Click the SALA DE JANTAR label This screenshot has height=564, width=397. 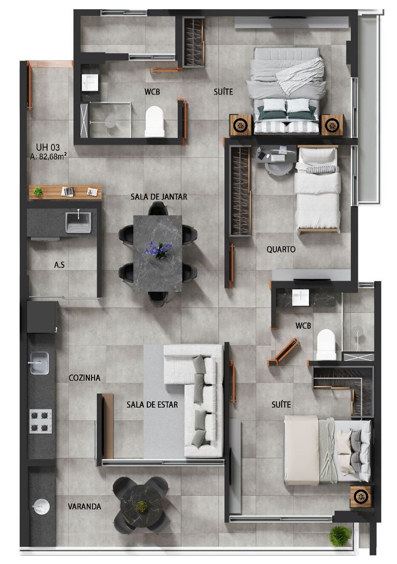pyautogui.click(x=159, y=197)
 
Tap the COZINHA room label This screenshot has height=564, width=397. pyautogui.click(x=84, y=378)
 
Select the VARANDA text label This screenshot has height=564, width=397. pyautogui.click(x=84, y=507)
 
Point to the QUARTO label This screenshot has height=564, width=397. pyautogui.click(x=281, y=249)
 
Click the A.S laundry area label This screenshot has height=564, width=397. pyautogui.click(x=59, y=265)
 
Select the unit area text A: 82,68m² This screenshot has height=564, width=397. pyautogui.click(x=49, y=156)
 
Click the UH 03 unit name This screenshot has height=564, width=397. pyautogui.click(x=48, y=147)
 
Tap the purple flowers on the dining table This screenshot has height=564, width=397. pyautogui.click(x=159, y=249)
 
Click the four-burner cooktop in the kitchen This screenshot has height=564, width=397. pyautogui.click(x=41, y=421)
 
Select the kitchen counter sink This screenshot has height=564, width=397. pyautogui.click(x=38, y=363)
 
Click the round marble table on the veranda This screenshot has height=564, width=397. pyautogui.click(x=141, y=505)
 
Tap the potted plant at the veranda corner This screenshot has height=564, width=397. pyautogui.click(x=340, y=537)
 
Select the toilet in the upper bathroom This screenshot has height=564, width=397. pyautogui.click(x=155, y=121)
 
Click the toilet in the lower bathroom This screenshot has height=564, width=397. pyautogui.click(x=326, y=345)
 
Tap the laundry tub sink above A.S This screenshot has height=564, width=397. pyautogui.click(x=79, y=222)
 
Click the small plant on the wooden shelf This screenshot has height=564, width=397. pyautogui.click(x=38, y=192)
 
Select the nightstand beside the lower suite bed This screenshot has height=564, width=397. pyautogui.click(x=360, y=496)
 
